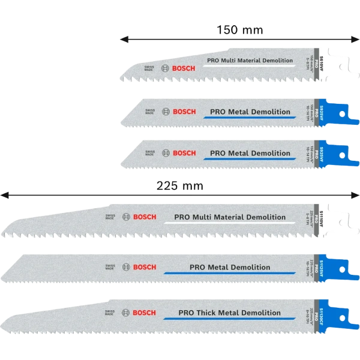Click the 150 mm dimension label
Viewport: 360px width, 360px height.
pyautogui.click(x=239, y=29)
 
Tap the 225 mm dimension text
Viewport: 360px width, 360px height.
pyautogui.click(x=180, y=186)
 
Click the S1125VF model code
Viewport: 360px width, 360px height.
pyautogui.click(x=322, y=267)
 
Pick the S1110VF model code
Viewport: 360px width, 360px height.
pyautogui.click(x=322, y=217)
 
